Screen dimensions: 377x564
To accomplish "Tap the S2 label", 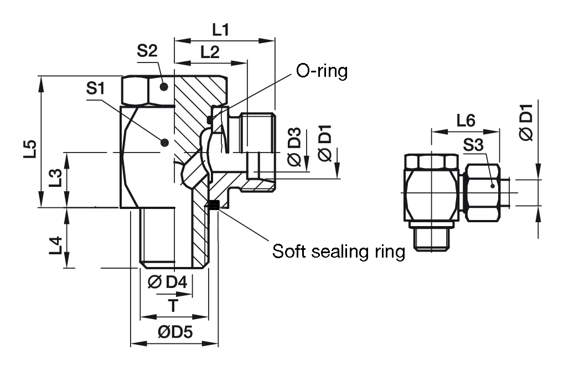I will coord(147,51).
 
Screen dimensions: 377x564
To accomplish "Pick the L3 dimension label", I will coord(54,178).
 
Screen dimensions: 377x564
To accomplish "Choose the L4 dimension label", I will coord(54,245).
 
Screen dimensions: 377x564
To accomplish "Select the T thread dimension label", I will coord(174,305).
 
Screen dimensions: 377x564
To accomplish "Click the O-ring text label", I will coord(322,71).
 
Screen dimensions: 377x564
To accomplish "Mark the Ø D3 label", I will coord(294,147).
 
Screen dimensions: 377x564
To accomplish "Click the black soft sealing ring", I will coord(214,206).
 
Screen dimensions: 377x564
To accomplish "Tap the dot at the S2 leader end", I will coord(164,87).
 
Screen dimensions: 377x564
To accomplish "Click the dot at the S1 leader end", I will coord(164,143).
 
